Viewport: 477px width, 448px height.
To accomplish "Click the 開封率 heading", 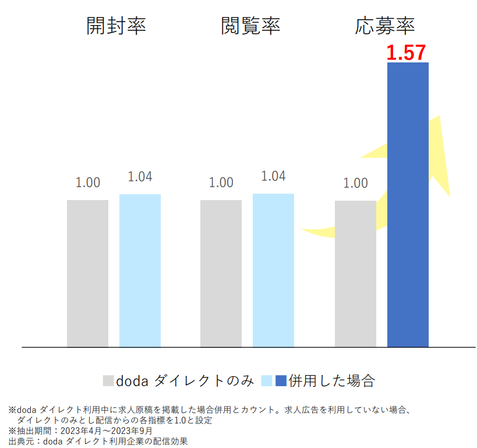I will tap(116, 26).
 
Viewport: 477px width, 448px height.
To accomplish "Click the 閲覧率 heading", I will tap(250, 26).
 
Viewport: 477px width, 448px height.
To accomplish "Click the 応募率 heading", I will tap(385, 26).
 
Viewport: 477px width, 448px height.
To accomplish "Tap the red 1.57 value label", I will tap(407, 53).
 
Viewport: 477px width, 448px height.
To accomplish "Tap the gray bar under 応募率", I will tap(355, 274).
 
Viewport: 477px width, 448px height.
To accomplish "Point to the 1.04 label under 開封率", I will tap(140, 177).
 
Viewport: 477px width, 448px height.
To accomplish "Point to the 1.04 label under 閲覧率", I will tap(273, 176).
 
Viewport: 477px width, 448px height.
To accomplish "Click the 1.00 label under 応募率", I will tap(355, 183).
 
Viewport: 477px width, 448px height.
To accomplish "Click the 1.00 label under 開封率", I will tap(87, 183).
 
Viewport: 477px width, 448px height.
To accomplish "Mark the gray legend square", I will tap(108, 381).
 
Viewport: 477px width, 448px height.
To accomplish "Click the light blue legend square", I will tap(267, 381).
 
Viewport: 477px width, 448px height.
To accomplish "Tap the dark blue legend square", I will tap(281, 381).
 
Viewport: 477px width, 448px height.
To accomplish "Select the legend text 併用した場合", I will tap(331, 381).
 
